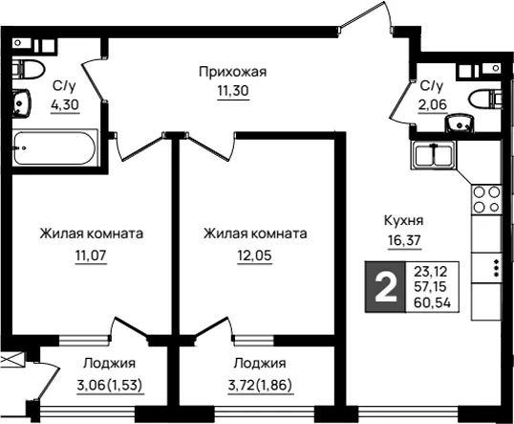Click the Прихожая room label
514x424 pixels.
coord(233,72)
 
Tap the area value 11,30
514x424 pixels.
coord(233,90)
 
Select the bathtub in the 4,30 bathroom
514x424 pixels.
coord(55,147)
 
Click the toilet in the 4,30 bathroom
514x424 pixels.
coord(29,69)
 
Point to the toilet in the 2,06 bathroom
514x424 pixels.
coord(485,99)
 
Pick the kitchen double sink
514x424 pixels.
coord(434,155)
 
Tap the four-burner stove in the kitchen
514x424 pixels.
coord(486,199)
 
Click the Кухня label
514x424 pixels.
coord(403,220)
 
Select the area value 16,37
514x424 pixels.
coord(404,240)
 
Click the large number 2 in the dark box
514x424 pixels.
coord(386,288)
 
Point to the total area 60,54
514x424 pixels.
coord(432,302)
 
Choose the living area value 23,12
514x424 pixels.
coord(431,272)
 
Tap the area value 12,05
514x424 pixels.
coord(255,256)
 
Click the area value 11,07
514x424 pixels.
coord(91,256)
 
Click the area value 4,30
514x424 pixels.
coord(65,104)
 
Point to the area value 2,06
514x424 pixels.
coord(433,104)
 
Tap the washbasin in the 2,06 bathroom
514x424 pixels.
coord(460,124)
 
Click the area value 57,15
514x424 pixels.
coord(430,287)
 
